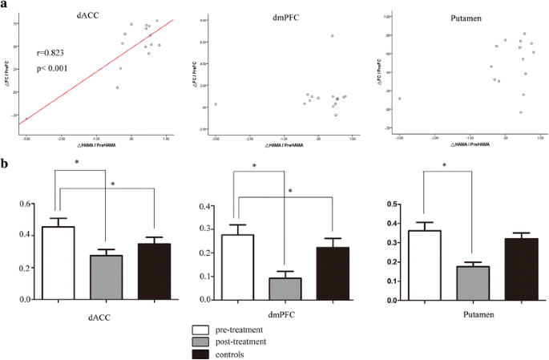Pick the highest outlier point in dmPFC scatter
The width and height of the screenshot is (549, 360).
point(332,36)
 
